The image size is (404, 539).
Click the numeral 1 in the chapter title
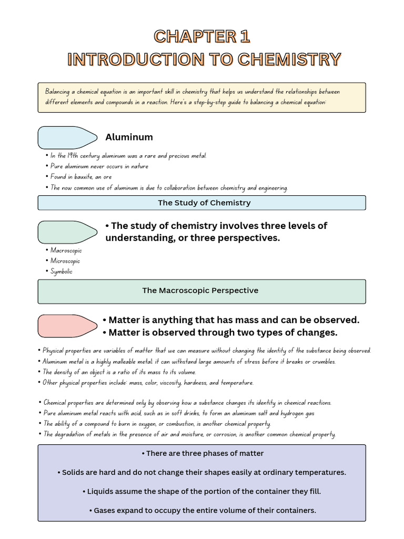[x=244, y=36]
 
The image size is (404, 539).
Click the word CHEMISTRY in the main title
[x=289, y=59]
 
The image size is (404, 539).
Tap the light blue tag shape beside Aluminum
[x=67, y=137]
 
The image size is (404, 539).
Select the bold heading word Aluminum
[x=129, y=137]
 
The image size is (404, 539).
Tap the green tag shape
[x=67, y=232]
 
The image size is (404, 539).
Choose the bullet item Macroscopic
[x=66, y=251]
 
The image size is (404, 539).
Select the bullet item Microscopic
[x=65, y=261]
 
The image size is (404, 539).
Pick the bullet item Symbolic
[x=62, y=272]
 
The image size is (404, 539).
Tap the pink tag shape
[x=67, y=326]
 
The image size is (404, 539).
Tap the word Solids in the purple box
[x=73, y=472]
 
